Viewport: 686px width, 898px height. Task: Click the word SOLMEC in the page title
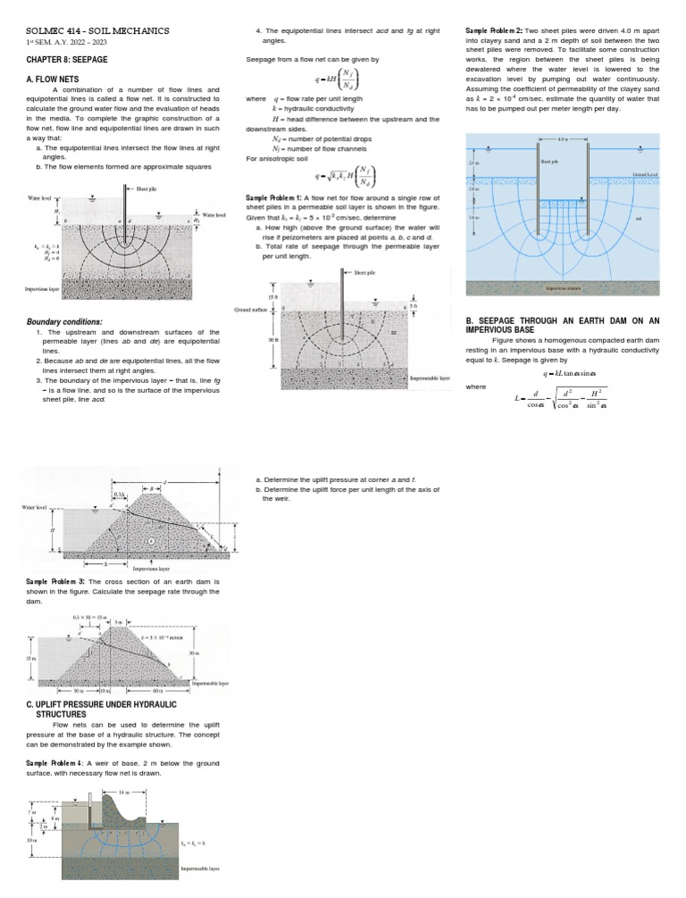coord(47,31)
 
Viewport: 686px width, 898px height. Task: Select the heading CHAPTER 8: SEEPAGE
coord(68,61)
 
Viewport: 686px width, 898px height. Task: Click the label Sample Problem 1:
coord(273,195)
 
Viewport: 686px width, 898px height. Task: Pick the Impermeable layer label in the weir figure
coord(200,868)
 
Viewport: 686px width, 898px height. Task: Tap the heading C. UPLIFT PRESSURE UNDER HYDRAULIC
coord(102,705)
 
